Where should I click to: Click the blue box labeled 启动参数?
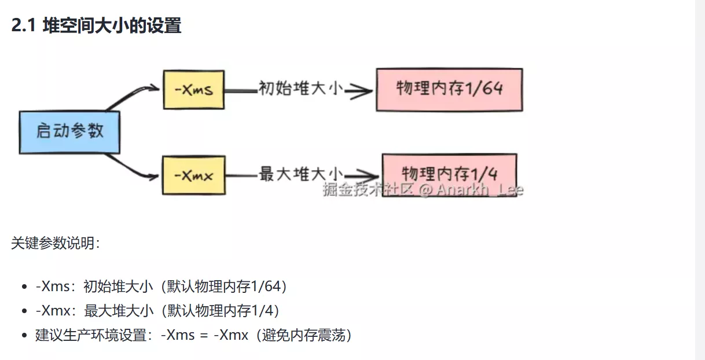(69, 131)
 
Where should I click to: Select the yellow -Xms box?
(193, 90)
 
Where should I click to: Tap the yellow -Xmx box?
(194, 175)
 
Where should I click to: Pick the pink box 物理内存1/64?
(449, 89)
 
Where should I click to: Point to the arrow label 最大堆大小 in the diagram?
(301, 174)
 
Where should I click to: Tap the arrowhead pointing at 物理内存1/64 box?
(361, 90)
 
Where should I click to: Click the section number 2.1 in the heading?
(24, 26)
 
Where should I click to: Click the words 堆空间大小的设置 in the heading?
(112, 26)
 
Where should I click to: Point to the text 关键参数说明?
(54, 243)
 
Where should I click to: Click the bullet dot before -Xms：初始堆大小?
(24, 287)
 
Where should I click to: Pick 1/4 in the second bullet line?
(263, 311)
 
